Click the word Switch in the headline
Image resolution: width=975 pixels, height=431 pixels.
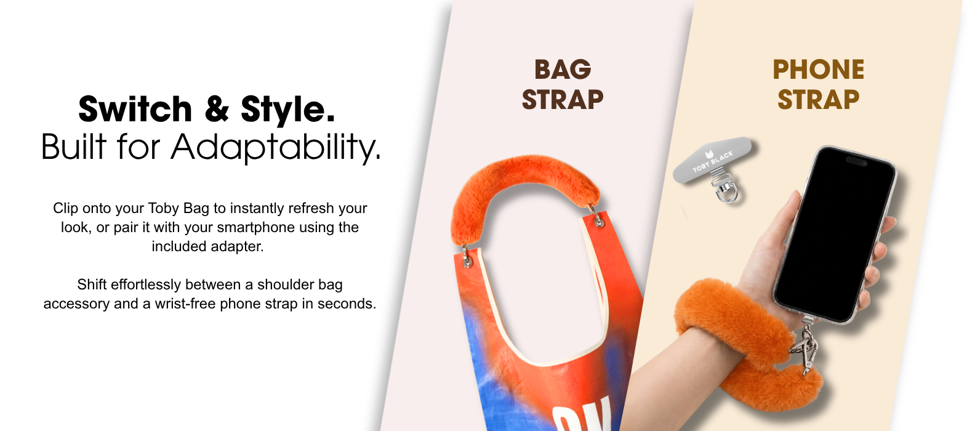(x=135, y=109)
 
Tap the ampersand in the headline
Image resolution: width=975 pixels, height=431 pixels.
(x=216, y=109)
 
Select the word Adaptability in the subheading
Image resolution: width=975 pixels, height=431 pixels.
(x=276, y=148)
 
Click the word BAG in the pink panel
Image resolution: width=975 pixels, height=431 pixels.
(x=563, y=70)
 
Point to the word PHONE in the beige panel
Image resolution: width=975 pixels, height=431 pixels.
(x=818, y=70)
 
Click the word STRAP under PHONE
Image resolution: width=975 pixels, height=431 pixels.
(x=818, y=100)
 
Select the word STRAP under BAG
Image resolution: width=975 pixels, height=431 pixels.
(x=563, y=100)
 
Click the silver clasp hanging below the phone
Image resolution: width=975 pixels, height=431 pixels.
(x=804, y=348)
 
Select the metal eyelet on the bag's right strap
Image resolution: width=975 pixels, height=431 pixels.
(x=599, y=222)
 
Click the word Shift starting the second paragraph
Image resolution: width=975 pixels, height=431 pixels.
(x=92, y=284)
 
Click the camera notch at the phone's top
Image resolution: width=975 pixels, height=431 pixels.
(x=856, y=161)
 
